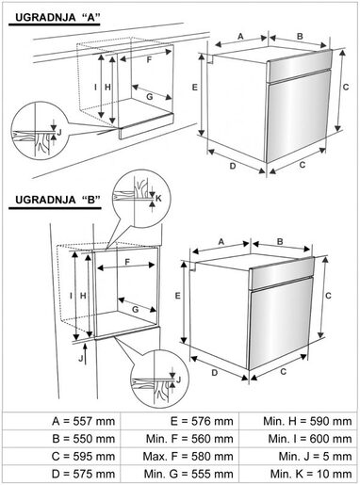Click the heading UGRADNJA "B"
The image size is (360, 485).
pyautogui.click(x=53, y=201)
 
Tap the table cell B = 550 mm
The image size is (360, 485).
pyautogui.click(x=60, y=439)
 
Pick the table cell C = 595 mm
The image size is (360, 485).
pyautogui.click(x=60, y=456)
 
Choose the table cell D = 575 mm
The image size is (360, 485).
pyautogui.click(x=60, y=473)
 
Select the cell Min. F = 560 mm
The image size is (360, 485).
pyautogui.click(x=179, y=439)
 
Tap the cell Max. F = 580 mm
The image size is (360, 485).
pyautogui.click(x=179, y=456)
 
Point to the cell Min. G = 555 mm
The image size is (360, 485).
pyautogui.click(x=179, y=473)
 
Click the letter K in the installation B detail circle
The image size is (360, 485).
pyautogui.click(x=158, y=198)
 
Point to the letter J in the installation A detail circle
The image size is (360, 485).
pyautogui.click(x=60, y=133)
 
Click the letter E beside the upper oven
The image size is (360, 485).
pyautogui.click(x=193, y=86)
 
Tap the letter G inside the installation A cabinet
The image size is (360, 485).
pyautogui.click(x=149, y=96)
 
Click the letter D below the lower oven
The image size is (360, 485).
pyautogui.click(x=215, y=373)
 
